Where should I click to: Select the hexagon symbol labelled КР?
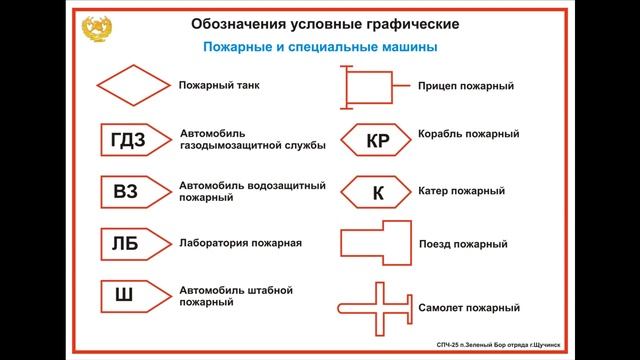pos(377,141)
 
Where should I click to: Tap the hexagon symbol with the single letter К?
pos(377,191)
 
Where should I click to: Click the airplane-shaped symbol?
pos(376,305)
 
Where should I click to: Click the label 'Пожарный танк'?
pos(219,86)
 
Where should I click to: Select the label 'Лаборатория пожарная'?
pos(240,243)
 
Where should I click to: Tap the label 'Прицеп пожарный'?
pos(466,87)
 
